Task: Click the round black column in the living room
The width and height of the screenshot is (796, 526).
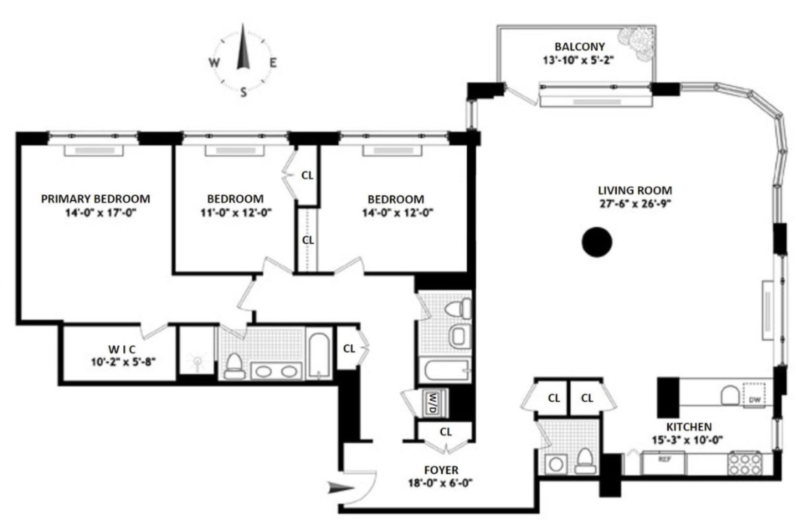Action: (597, 242)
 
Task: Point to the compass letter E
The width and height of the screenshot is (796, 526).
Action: (273, 63)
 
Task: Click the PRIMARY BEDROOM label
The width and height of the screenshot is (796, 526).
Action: (95, 199)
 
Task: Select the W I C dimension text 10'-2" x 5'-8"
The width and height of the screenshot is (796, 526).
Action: (123, 362)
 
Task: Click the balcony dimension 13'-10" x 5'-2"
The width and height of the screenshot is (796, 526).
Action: (579, 60)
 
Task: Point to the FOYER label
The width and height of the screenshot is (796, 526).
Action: (441, 470)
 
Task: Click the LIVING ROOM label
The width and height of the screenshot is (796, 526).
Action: (635, 190)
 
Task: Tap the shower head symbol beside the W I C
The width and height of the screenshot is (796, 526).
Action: (198, 362)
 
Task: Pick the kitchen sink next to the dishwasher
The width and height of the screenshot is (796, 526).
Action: (730, 395)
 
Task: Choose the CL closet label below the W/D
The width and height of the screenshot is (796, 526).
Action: (446, 432)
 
